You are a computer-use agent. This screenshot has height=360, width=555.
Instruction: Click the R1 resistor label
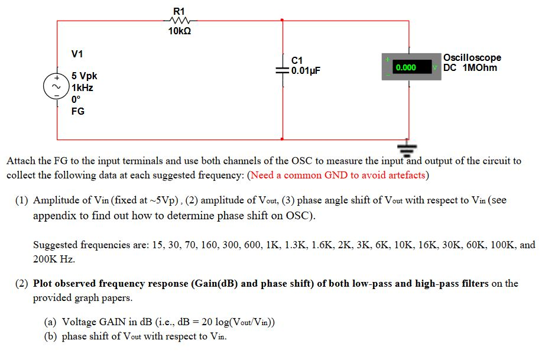pyautogui.click(x=178, y=11)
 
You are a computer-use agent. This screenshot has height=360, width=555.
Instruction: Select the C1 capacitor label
pyautogui.click(x=297, y=60)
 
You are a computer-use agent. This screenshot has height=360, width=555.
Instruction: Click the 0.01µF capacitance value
pyautogui.click(x=306, y=70)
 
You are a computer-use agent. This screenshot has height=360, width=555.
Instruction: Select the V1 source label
pyautogui.click(x=77, y=54)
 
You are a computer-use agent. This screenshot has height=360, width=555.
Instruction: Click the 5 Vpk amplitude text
pyautogui.click(x=84, y=76)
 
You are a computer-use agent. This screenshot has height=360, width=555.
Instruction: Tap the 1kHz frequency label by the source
pyautogui.click(x=82, y=87)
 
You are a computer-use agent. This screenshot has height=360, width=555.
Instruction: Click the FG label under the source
pyautogui.click(x=77, y=111)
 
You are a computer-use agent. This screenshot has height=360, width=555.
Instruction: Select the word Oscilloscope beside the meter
pyautogui.click(x=472, y=57)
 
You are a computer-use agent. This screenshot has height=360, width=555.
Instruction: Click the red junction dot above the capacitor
pyautogui.click(x=283, y=21)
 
